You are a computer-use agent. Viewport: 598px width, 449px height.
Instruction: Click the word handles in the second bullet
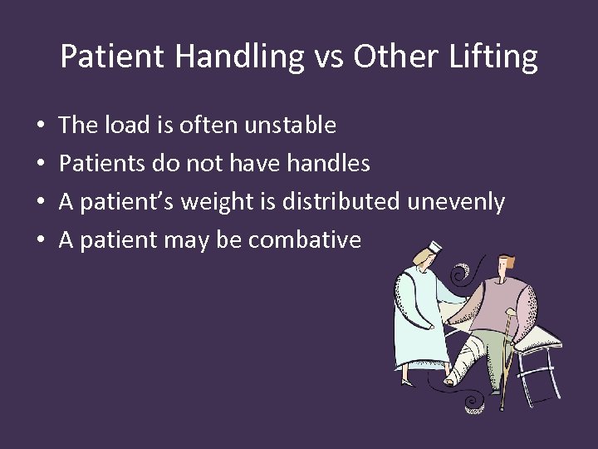pyautogui.click(x=328, y=164)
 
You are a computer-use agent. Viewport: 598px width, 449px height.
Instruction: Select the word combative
pyautogui.click(x=304, y=240)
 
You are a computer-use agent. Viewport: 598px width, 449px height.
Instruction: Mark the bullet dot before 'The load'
pyautogui.click(x=41, y=126)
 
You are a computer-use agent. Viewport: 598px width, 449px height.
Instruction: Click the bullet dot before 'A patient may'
pyautogui.click(x=41, y=241)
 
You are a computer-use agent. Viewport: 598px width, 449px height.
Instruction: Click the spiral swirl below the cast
pyautogui.click(x=475, y=403)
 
